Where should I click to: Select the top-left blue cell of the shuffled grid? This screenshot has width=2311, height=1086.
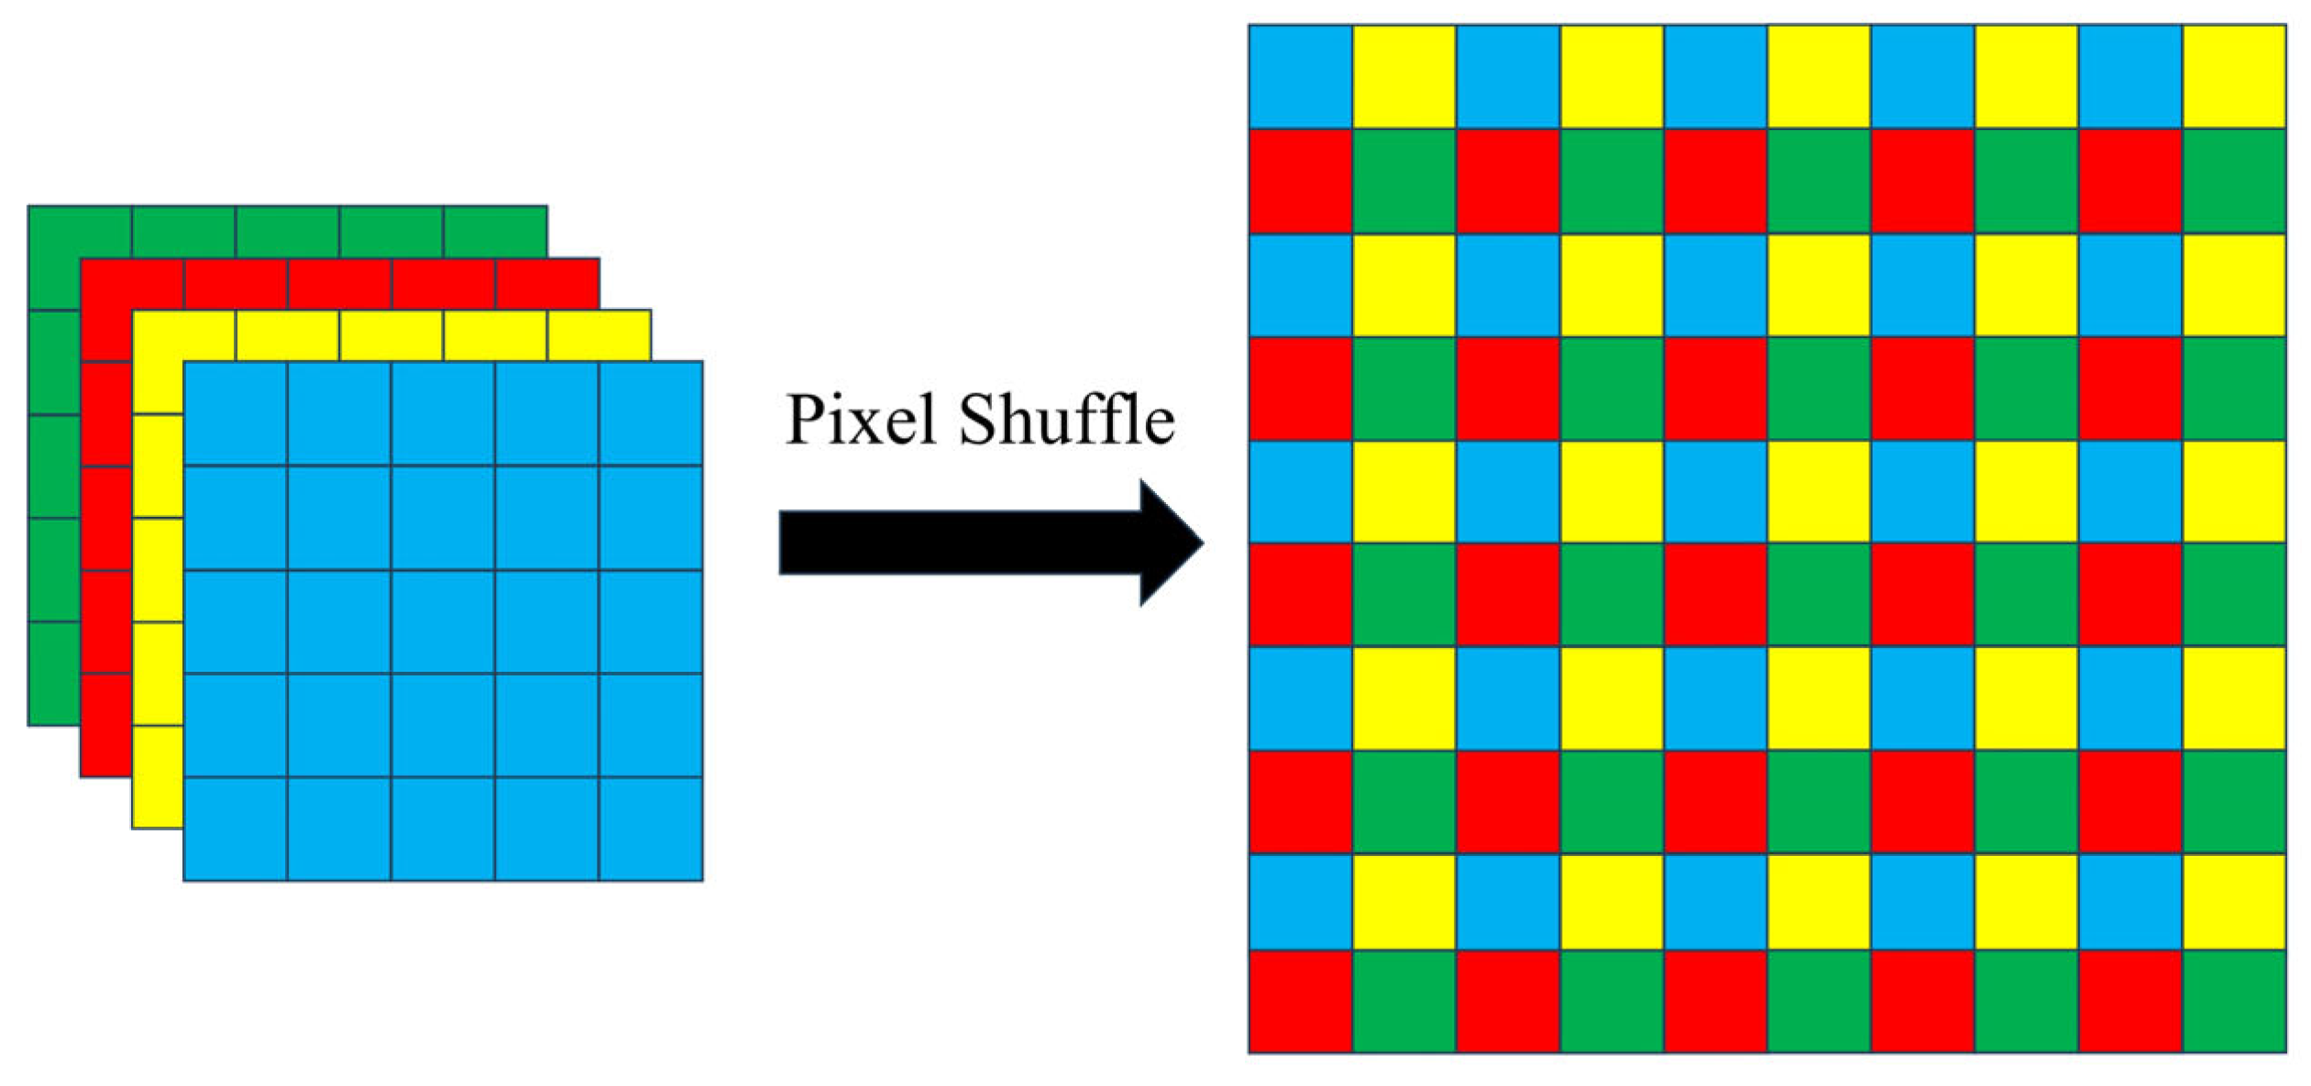(x=1300, y=77)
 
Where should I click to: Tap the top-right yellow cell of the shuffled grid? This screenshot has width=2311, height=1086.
(x=2234, y=77)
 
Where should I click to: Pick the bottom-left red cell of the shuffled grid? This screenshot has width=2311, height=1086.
(x=1300, y=1001)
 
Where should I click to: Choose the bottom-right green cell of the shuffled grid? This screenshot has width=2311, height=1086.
(x=2234, y=1001)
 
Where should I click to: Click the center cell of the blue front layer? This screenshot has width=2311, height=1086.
(x=443, y=621)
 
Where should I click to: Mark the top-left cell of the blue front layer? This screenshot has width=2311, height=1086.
(x=236, y=413)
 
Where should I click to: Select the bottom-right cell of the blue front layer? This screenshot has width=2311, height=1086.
(x=651, y=828)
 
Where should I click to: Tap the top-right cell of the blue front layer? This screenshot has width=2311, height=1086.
(x=651, y=413)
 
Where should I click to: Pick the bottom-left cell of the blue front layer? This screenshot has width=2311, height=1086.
(x=236, y=828)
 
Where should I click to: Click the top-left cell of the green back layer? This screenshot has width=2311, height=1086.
(x=80, y=258)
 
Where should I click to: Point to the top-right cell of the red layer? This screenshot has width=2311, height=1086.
(x=547, y=283)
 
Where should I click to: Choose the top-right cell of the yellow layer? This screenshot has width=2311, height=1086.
(x=600, y=335)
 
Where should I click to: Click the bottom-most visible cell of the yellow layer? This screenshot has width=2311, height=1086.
(x=158, y=777)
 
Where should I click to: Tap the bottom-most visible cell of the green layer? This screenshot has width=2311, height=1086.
(x=54, y=674)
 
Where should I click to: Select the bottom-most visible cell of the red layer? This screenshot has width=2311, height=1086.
(x=105, y=725)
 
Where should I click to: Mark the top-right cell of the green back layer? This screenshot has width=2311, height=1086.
(x=495, y=231)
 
